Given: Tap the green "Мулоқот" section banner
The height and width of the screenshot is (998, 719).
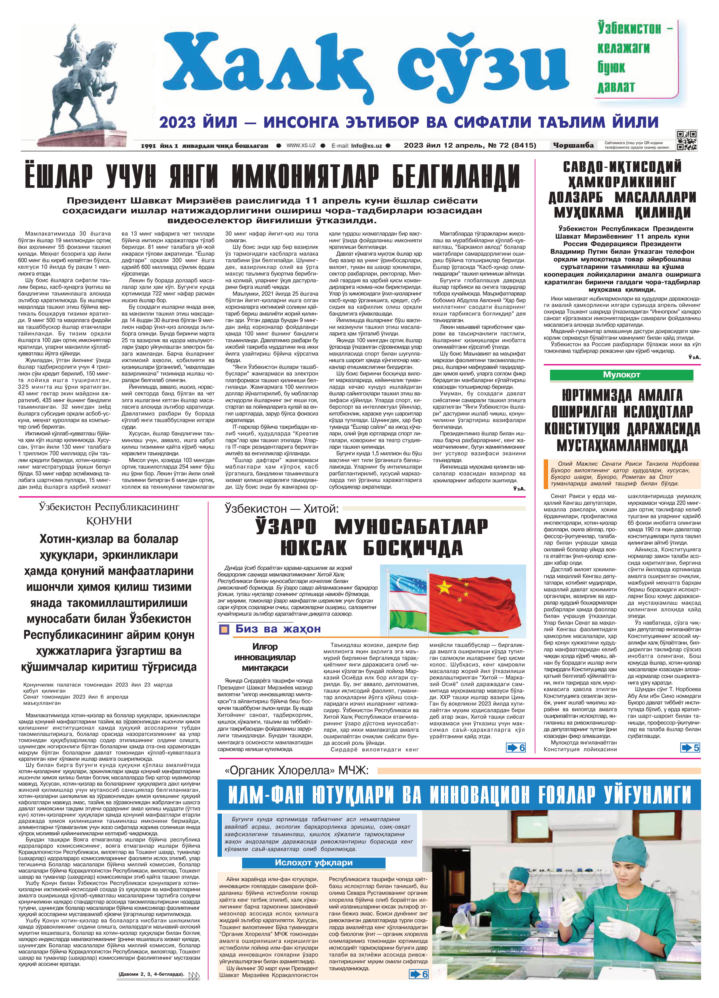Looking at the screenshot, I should pyautogui.click(x=621, y=375).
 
